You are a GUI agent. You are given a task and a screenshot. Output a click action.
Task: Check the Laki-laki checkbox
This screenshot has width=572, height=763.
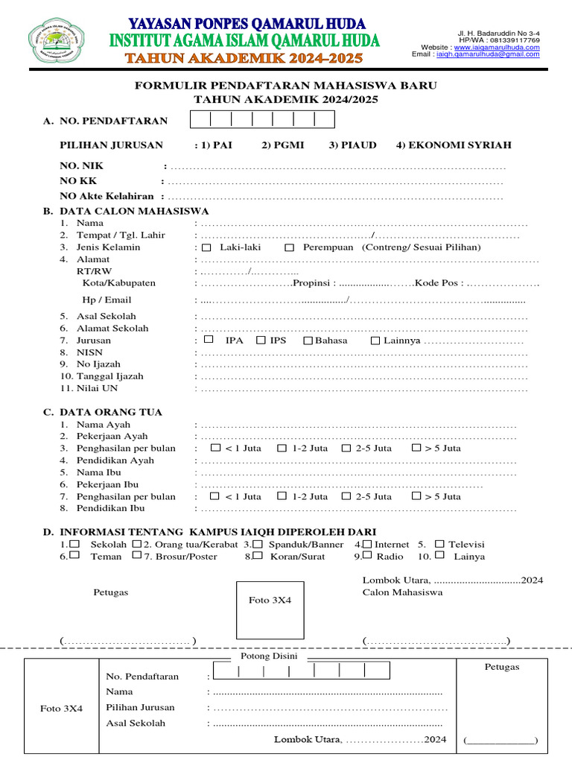206,247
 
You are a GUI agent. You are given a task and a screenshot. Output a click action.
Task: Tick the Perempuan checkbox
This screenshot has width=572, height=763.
290,247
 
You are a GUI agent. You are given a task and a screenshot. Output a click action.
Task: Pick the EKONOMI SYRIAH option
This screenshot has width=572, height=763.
454,145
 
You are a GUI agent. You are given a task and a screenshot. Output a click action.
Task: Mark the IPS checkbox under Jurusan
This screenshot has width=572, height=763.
261,341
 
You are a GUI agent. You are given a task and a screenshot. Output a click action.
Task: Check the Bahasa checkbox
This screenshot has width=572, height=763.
308,341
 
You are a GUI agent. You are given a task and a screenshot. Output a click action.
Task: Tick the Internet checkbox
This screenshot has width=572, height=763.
368,544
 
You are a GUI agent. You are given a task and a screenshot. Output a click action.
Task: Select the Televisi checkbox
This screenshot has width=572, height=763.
440,544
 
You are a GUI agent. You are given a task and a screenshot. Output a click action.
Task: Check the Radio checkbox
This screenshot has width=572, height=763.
368,555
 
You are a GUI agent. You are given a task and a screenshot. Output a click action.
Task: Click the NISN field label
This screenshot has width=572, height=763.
90,352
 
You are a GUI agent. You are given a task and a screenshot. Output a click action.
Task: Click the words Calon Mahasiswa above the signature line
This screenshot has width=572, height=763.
402,592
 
